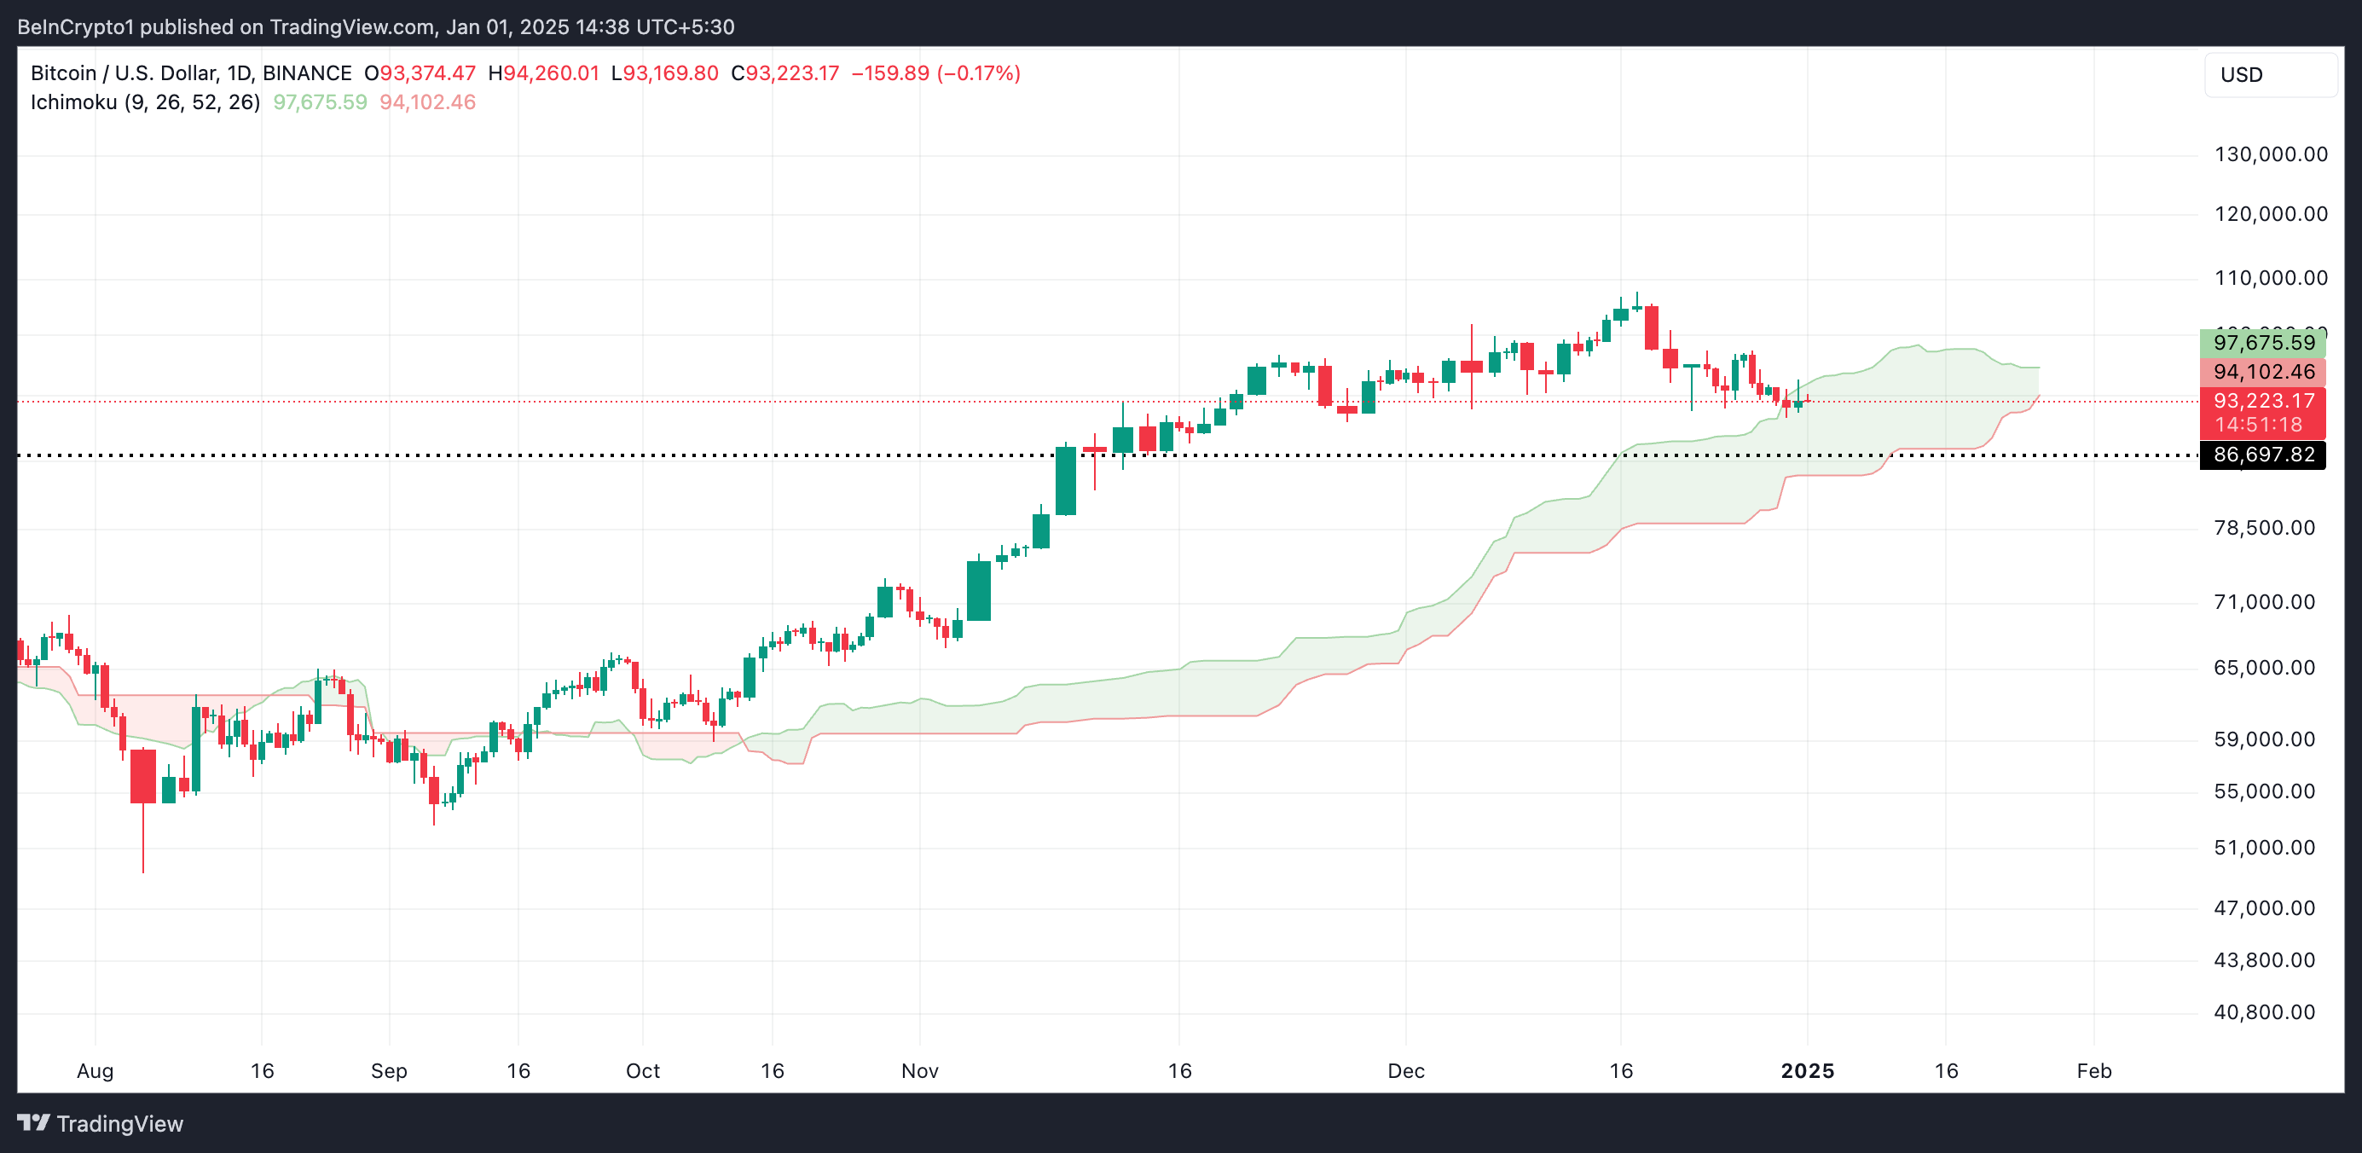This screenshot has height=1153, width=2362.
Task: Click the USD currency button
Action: click(x=2269, y=75)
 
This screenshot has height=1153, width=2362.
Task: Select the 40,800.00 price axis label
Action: click(x=2264, y=1012)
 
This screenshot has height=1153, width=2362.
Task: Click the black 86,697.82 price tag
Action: click(x=2262, y=455)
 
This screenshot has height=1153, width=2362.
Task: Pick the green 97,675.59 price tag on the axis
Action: click(x=2262, y=343)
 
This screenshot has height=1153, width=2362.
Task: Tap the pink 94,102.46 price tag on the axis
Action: click(x=2262, y=372)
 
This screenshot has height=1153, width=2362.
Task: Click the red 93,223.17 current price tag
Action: click(x=2262, y=401)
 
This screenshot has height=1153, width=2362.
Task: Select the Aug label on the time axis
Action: click(x=95, y=1071)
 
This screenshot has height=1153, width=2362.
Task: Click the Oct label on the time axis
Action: click(x=642, y=1071)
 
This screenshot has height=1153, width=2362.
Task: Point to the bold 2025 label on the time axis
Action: click(x=1806, y=1071)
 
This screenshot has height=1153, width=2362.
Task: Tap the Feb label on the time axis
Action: click(x=2093, y=1071)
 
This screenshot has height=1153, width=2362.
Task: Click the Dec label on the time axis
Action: click(x=1405, y=1071)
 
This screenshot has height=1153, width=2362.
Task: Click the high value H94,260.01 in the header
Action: click(x=543, y=73)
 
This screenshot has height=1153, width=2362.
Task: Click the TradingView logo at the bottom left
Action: click(x=101, y=1124)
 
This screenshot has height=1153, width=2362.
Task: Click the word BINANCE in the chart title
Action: click(x=306, y=73)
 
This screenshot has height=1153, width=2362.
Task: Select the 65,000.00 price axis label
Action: click(x=2264, y=668)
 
